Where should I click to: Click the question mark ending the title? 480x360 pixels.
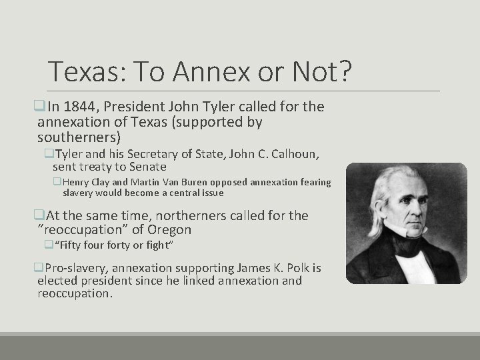tap(343, 72)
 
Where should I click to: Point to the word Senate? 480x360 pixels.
tap(147, 167)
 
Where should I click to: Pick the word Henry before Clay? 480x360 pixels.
tap(77, 182)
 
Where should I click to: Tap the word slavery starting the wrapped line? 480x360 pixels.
tap(78, 193)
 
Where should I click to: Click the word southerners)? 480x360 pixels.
tap(79, 137)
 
